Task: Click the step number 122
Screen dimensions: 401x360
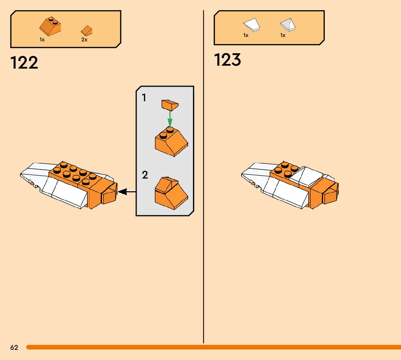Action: click(24, 63)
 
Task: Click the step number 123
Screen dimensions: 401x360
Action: click(227, 60)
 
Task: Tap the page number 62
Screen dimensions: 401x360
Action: click(14, 348)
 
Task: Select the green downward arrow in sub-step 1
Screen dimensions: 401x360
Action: click(170, 118)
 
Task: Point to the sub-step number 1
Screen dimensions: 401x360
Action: click(144, 98)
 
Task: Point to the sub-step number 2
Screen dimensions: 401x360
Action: click(145, 175)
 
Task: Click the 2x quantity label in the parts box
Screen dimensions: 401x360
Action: click(84, 40)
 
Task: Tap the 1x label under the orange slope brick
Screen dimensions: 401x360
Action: click(42, 40)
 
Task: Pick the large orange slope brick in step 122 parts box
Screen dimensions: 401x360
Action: click(50, 26)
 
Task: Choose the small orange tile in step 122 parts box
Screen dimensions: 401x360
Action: click(86, 30)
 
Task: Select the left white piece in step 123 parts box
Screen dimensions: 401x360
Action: click(252, 25)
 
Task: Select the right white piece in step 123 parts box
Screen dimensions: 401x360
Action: click(288, 24)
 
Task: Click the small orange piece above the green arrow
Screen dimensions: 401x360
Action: click(170, 105)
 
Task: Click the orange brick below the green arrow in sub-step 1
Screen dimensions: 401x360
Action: click(171, 143)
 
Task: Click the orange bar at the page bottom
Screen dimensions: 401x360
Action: click(214, 347)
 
